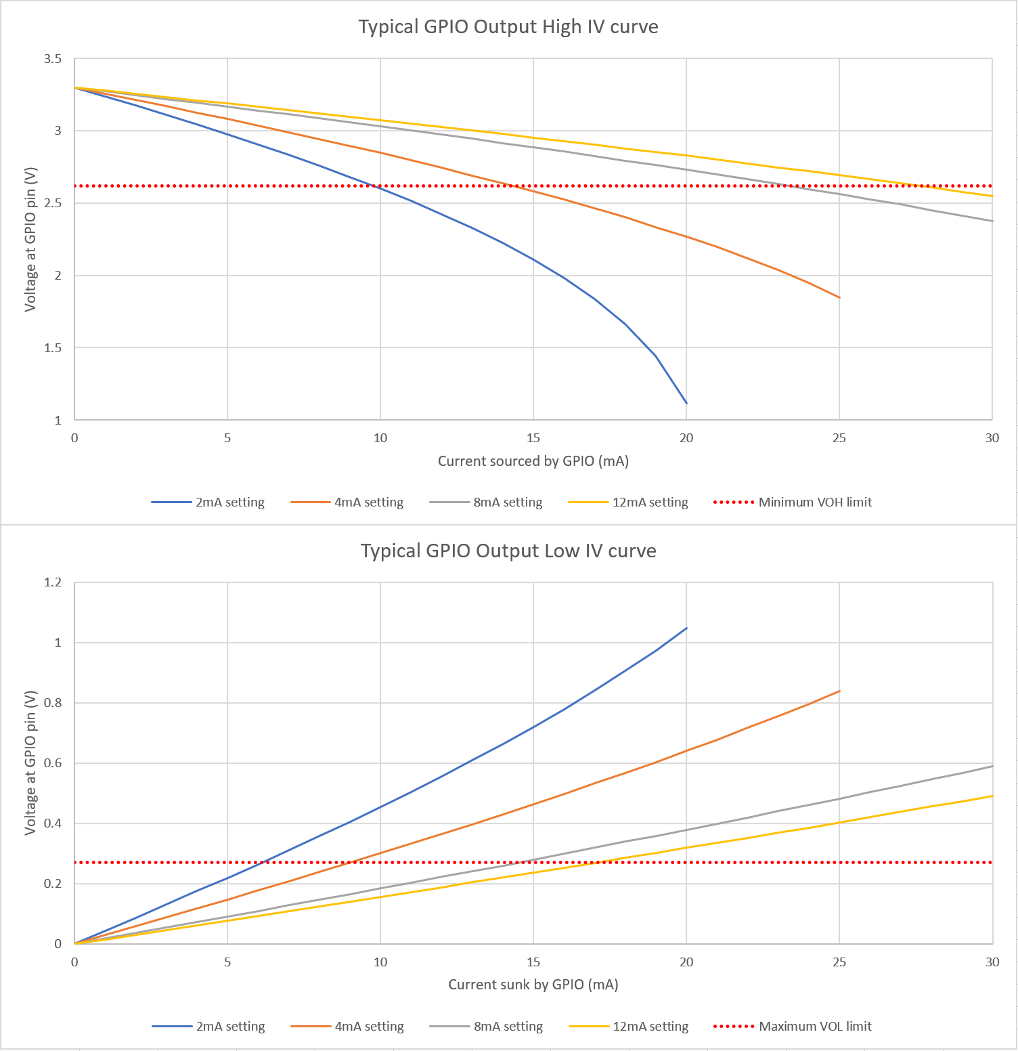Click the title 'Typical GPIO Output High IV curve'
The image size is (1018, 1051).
(x=508, y=27)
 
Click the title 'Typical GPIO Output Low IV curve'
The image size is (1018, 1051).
(x=508, y=551)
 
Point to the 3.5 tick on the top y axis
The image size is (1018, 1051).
(x=53, y=60)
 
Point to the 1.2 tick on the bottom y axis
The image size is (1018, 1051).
(x=53, y=582)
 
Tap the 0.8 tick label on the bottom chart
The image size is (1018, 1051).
(x=53, y=703)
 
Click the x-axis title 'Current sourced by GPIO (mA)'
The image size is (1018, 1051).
(x=533, y=461)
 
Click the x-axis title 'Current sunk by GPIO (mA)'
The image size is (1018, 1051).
(x=533, y=985)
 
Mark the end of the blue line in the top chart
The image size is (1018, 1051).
(x=686, y=404)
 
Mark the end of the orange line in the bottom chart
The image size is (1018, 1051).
(x=839, y=691)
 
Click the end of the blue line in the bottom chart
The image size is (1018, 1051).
(x=686, y=628)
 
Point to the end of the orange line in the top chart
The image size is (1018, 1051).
(x=839, y=298)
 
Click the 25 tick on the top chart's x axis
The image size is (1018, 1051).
(x=839, y=438)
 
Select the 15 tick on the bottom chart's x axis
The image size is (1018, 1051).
(x=533, y=962)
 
